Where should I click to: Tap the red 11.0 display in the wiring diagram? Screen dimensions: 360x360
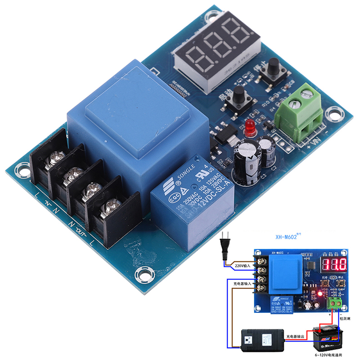click(x=333, y=264)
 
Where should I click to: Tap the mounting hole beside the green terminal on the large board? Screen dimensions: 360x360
click(x=333, y=113)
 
